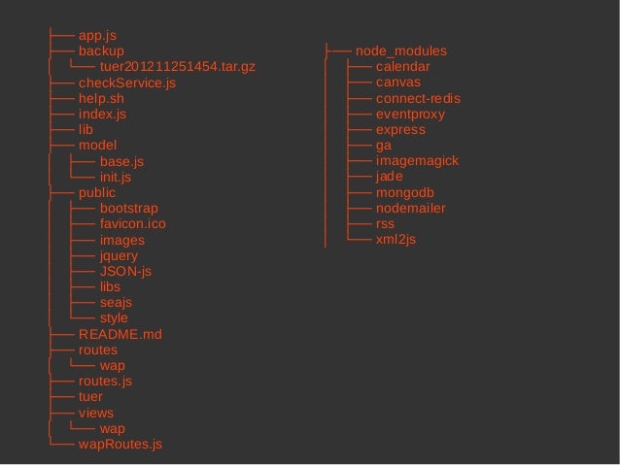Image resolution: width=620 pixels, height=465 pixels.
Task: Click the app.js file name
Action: tap(97, 35)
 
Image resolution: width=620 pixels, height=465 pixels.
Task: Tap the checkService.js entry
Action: tap(126, 83)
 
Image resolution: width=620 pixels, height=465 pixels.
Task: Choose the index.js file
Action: tap(102, 115)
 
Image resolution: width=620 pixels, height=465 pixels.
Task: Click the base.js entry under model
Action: tap(121, 162)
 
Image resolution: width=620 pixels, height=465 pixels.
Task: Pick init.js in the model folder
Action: tap(115, 178)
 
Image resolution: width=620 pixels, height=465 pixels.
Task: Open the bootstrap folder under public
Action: tap(128, 209)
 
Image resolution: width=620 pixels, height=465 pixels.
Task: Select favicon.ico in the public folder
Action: tap(132, 224)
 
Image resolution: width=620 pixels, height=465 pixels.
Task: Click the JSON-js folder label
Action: tap(125, 271)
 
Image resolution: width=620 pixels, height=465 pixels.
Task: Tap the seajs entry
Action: tap(116, 303)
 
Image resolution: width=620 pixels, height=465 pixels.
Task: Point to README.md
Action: tap(120, 334)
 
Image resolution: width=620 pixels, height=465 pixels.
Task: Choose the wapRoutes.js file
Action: tap(120, 445)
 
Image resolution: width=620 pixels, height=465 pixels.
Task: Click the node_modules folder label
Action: tap(401, 50)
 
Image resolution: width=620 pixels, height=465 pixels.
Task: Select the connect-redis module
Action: tap(418, 99)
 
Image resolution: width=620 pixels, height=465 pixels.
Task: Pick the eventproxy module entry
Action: tap(410, 115)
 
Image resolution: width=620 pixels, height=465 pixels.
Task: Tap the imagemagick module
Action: tap(417, 161)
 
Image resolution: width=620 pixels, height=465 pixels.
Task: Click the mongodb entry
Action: tap(404, 192)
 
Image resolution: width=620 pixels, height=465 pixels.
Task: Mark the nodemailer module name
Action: tap(410, 208)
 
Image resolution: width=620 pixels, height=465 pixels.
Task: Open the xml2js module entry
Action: tap(396, 239)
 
